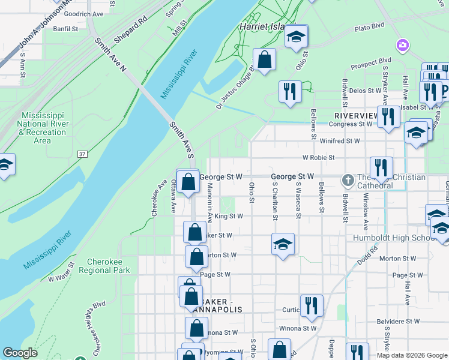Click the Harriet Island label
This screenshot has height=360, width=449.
(x=265, y=27)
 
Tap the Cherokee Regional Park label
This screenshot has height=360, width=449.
(x=109, y=266)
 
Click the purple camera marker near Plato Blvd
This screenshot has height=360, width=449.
(x=402, y=45)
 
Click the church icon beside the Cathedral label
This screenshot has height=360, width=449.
(x=348, y=179)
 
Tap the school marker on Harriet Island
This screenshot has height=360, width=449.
(x=295, y=37)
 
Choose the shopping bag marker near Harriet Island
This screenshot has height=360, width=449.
(x=264, y=60)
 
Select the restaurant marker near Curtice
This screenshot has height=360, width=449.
(x=311, y=306)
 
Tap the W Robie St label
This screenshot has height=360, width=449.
(x=318, y=158)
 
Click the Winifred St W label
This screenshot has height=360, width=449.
(x=339, y=141)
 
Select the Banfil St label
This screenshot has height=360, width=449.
(x=65, y=28)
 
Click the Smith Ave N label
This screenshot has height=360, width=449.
(x=110, y=55)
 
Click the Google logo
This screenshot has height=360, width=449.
(x=20, y=353)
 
